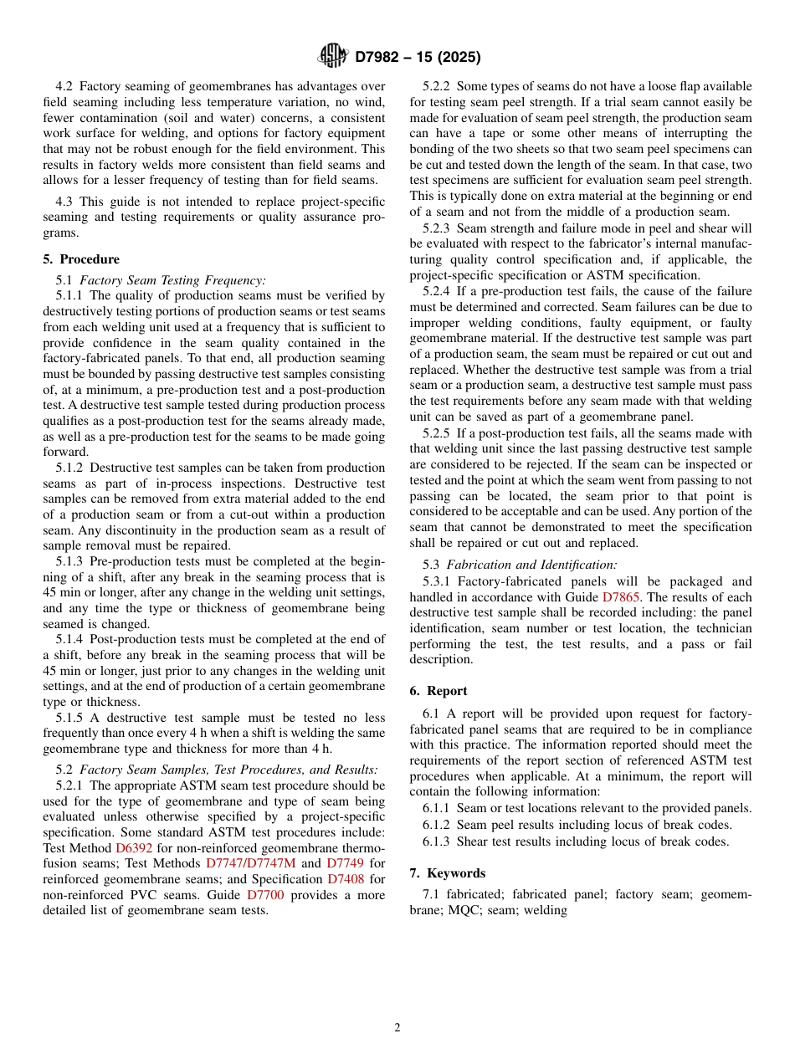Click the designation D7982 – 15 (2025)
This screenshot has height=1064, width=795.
point(418,58)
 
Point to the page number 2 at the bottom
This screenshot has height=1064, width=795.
point(397,1028)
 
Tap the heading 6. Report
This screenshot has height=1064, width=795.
point(439,691)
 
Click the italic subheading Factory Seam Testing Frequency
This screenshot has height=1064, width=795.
point(172,280)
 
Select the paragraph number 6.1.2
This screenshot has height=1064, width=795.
point(437,824)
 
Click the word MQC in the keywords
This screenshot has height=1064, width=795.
point(461,910)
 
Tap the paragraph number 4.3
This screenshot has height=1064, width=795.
point(67,202)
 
